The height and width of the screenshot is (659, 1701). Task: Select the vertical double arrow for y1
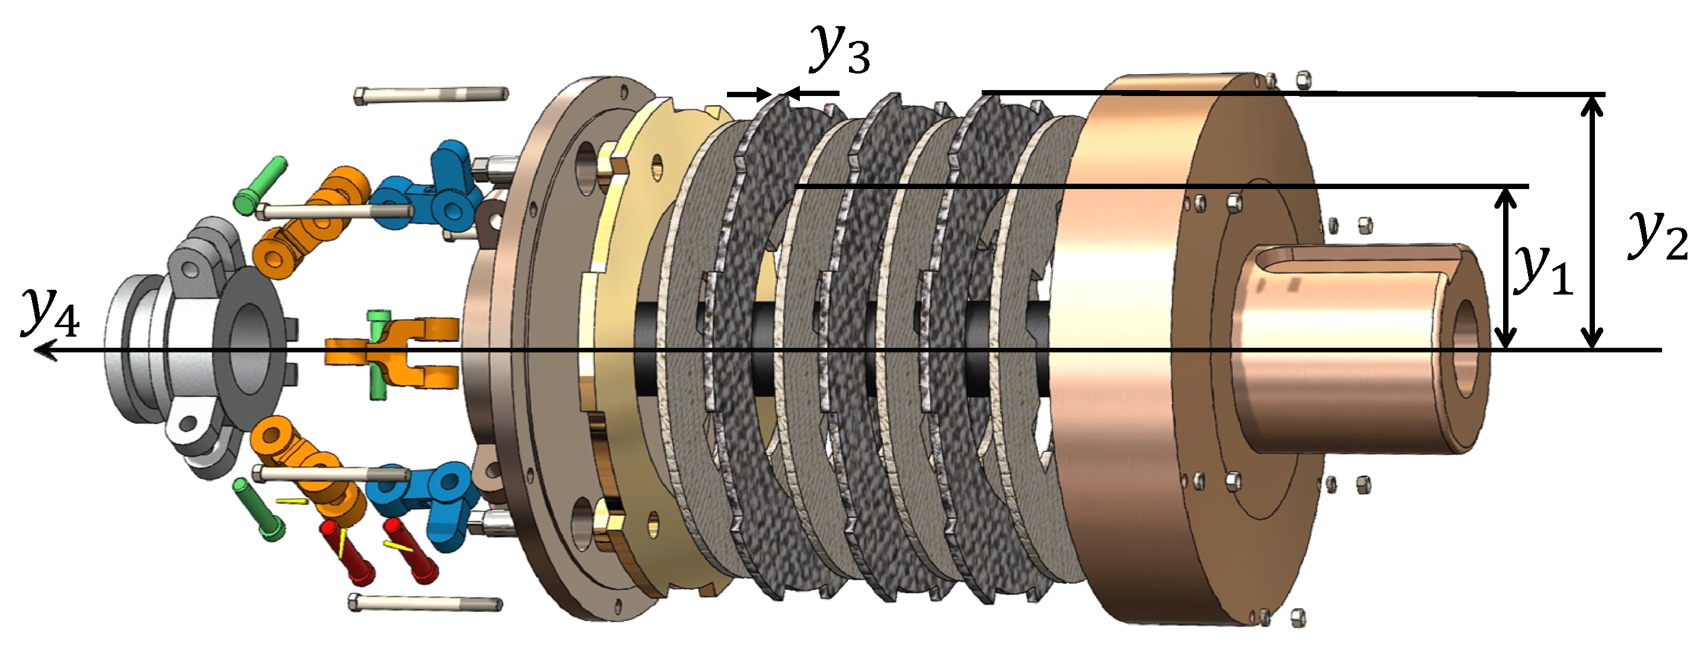point(1505,268)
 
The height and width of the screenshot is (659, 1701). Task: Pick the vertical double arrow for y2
point(1593,222)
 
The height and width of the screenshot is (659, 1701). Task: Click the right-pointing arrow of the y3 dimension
point(750,94)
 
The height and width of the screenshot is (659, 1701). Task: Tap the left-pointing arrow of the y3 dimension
point(812,94)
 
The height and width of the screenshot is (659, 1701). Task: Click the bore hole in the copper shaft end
point(1466,348)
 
